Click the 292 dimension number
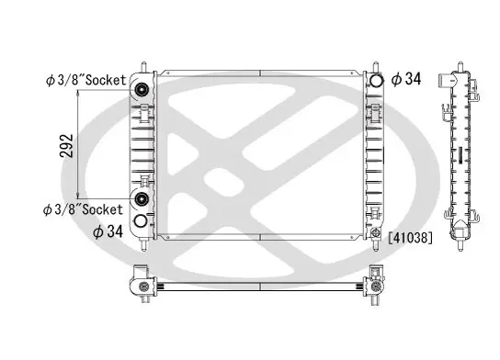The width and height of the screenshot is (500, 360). click(66, 146)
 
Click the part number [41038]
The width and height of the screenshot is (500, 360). click(411, 238)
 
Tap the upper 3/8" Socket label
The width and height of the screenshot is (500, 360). click(86, 80)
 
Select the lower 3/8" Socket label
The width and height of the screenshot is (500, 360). click(83, 209)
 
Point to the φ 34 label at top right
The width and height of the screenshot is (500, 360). click(406, 79)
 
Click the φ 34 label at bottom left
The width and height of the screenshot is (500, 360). click(108, 231)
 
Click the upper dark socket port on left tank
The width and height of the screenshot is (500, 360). click(142, 89)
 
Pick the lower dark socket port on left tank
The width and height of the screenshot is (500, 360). click(142, 198)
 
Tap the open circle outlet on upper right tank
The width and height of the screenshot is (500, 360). click(376, 80)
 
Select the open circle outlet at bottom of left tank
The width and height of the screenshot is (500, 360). click(141, 220)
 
